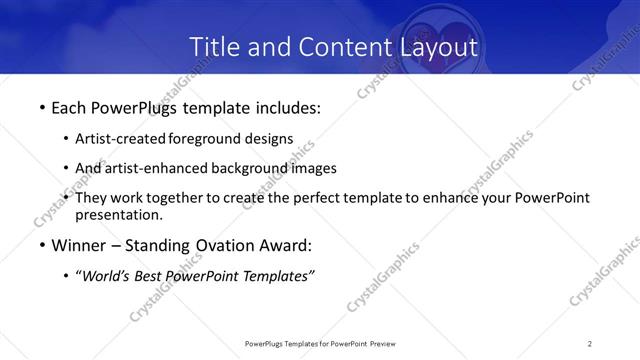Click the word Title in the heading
tap(214, 46)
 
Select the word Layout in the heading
tap(432, 46)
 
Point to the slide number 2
tap(590, 343)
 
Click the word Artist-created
tap(121, 138)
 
